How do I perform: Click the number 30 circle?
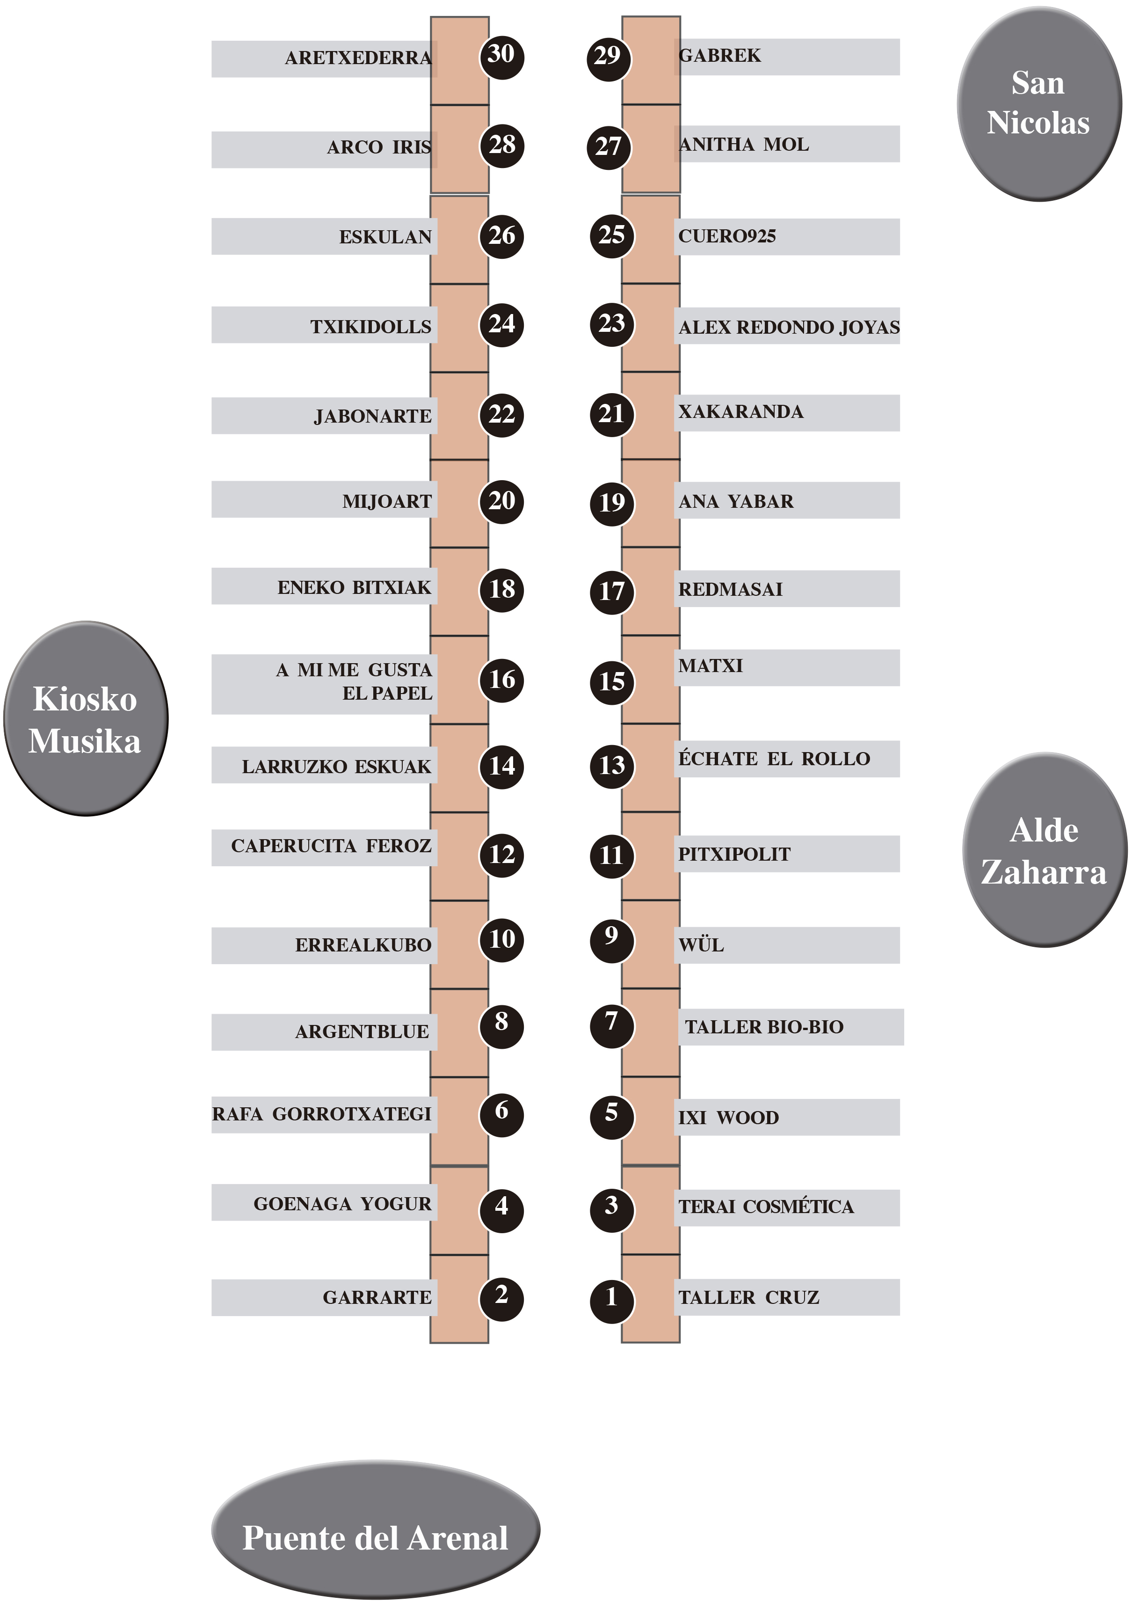(x=501, y=55)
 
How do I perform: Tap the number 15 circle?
(x=611, y=681)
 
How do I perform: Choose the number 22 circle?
(x=501, y=415)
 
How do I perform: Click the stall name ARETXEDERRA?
(x=358, y=58)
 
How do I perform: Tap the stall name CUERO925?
(x=726, y=236)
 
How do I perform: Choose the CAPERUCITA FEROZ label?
(x=331, y=846)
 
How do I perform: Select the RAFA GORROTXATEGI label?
(x=322, y=1114)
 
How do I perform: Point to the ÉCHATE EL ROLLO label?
(x=774, y=759)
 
